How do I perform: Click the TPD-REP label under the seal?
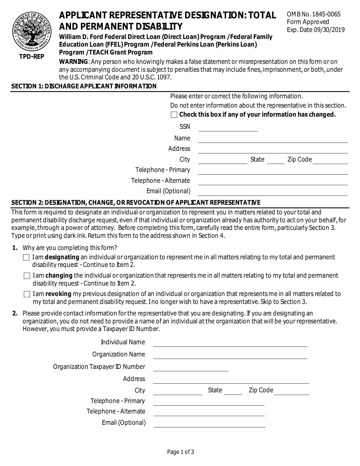[x=32, y=57]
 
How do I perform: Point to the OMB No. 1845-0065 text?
[x=313, y=14]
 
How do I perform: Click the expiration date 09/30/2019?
[x=329, y=30]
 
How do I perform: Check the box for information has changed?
[x=174, y=115]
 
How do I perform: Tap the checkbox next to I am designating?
[x=26, y=257]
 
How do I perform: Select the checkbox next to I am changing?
[x=27, y=276]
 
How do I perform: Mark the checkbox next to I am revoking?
[x=27, y=294]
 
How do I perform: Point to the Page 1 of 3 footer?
[x=180, y=452]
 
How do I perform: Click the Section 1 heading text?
[x=84, y=86]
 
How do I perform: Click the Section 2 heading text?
[x=136, y=203]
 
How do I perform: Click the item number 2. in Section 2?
[x=15, y=313]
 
